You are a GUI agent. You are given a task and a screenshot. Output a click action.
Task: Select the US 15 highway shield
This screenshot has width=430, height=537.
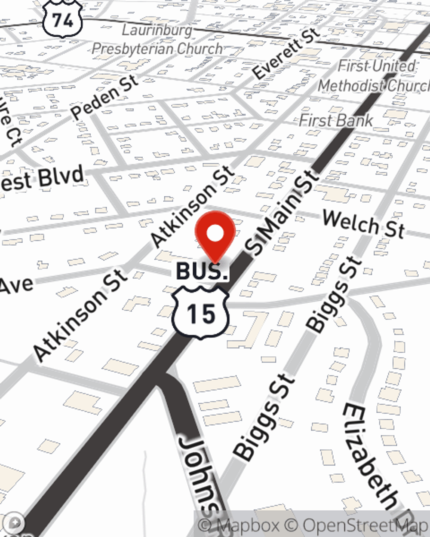[x=201, y=313]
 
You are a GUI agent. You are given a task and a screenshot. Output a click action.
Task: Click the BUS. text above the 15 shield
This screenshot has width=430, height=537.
[x=202, y=272]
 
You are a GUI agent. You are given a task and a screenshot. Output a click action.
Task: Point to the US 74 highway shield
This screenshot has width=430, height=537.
[x=62, y=19]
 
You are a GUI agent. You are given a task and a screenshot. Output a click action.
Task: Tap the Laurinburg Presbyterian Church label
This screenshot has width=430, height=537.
[x=157, y=40]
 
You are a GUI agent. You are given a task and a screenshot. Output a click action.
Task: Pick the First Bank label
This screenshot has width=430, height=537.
[x=336, y=120]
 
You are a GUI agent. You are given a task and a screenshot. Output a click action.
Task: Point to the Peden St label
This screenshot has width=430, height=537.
[x=104, y=97]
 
